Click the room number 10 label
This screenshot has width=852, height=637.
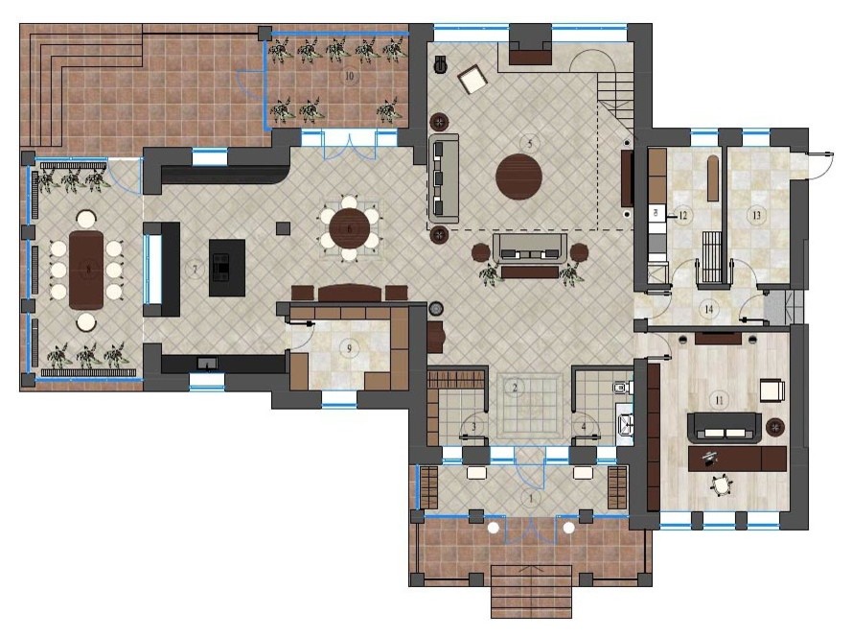[x=349, y=75]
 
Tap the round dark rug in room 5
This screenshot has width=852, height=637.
[x=518, y=177]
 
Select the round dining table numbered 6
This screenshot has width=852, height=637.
[x=349, y=228]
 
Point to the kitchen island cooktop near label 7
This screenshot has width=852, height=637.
[x=222, y=267]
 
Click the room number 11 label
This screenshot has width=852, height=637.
[x=717, y=397]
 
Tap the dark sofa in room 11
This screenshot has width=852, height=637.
[x=725, y=427]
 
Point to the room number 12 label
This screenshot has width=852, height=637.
[x=683, y=215]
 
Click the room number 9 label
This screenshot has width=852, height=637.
[x=349, y=347]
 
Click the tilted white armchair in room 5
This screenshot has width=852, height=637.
[x=472, y=80]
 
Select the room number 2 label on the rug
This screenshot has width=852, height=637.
[x=516, y=388]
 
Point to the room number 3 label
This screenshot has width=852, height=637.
[x=472, y=426]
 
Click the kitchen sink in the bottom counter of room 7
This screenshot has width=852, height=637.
[x=206, y=363]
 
